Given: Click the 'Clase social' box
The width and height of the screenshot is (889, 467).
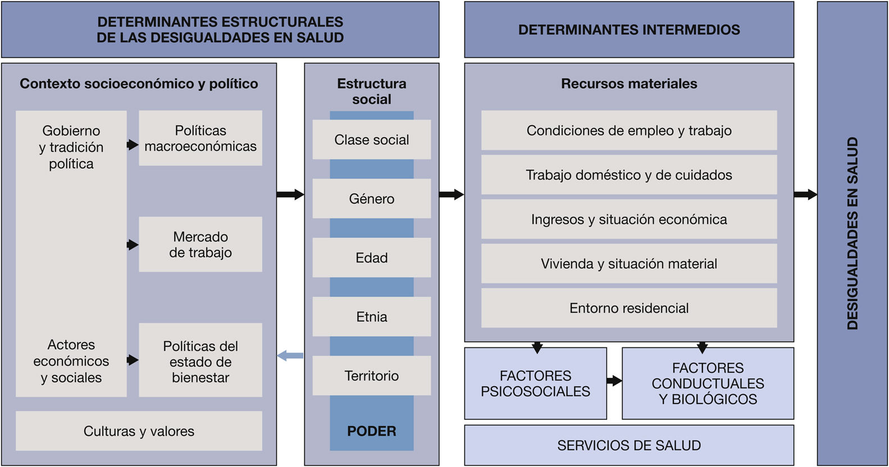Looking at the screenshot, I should coord(371,140).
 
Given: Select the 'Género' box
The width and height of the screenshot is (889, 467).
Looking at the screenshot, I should coord(371,199).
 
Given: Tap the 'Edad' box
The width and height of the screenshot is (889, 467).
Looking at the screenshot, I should coord(371,258).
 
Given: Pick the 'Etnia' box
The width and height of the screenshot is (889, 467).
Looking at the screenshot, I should coord(371,317).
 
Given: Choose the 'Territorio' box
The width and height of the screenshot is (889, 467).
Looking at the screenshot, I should coord(371,376).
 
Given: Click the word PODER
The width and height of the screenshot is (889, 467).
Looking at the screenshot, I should coord(371,431).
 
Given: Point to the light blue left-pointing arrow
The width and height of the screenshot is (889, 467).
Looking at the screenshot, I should coord(290,355).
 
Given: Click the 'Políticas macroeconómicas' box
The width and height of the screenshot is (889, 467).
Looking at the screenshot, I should coord(200,138).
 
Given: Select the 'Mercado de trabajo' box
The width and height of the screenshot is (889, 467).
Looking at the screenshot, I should coord(200,244).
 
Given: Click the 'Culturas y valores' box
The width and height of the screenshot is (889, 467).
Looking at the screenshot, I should coord(139,431).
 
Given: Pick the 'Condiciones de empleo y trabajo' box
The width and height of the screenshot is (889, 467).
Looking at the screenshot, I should coord(629,130).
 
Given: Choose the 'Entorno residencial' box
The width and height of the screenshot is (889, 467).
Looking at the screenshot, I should coord(629,308).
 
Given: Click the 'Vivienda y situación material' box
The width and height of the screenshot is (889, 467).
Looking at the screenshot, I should coord(629,264).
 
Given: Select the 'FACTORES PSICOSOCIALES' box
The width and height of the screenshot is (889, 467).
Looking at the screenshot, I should coord(535,383).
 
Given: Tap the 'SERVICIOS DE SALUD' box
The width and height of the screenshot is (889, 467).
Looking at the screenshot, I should coord(629,445).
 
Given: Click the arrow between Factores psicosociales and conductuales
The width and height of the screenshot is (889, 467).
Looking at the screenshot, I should coord(614,381).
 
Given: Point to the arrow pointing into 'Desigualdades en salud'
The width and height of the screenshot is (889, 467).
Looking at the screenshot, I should coord(805,195).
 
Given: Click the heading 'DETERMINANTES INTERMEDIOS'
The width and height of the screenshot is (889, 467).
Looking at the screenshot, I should coord(629,30).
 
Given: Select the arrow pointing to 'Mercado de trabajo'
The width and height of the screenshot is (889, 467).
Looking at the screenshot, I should coord(133,245).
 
